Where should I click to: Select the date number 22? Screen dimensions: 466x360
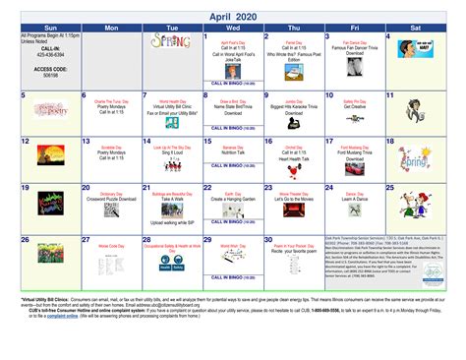206,190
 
